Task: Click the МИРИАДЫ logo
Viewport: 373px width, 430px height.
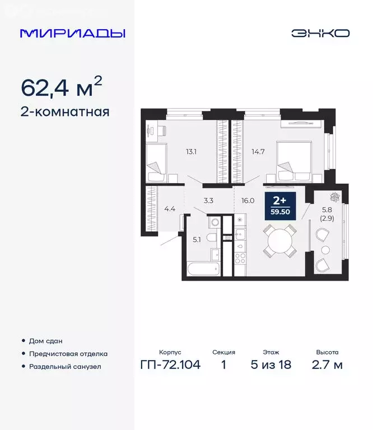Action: point(73,33)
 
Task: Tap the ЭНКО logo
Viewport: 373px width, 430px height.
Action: point(320,33)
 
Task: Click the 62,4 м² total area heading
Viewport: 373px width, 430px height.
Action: point(62,87)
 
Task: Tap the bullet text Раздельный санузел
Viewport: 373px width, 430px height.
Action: point(66,367)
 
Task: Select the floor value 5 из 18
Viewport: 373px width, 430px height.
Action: point(271,366)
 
